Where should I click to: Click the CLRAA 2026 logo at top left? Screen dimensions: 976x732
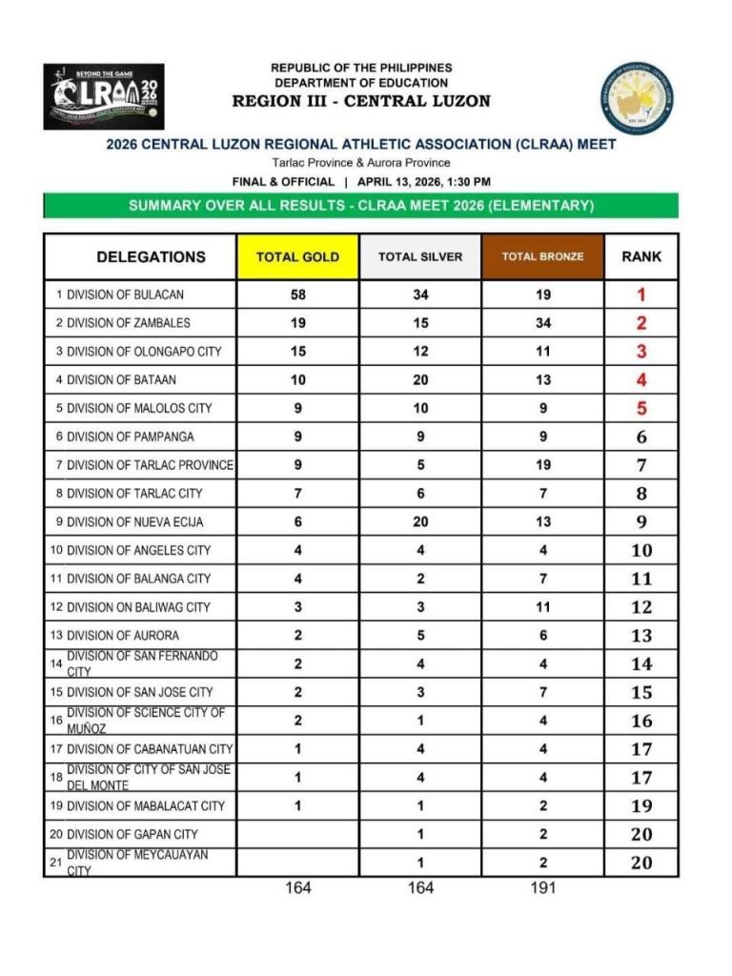(103, 96)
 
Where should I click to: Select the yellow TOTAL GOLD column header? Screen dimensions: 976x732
(297, 256)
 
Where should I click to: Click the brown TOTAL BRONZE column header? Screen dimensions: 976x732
(542, 256)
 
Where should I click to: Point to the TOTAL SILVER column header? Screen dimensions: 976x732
(420, 256)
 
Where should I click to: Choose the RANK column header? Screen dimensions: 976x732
(641, 256)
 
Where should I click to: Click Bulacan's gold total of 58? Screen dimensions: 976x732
(298, 295)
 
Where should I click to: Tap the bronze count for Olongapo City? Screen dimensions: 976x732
(542, 351)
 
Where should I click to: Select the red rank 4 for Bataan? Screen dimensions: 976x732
(641, 379)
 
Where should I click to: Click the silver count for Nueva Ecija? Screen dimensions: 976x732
(420, 521)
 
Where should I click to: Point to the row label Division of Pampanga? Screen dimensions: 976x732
(130, 437)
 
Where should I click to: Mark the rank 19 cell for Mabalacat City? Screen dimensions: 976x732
(641, 806)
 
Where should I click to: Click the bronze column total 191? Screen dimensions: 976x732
(542, 887)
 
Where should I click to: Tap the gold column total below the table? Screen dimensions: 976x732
(298, 887)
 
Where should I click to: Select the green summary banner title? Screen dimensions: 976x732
(361, 206)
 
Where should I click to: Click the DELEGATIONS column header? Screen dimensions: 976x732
(151, 256)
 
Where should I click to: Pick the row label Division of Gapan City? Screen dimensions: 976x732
(132, 834)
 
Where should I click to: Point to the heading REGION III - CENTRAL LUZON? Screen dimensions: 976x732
(361, 101)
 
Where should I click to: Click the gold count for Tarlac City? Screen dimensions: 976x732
(298, 494)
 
